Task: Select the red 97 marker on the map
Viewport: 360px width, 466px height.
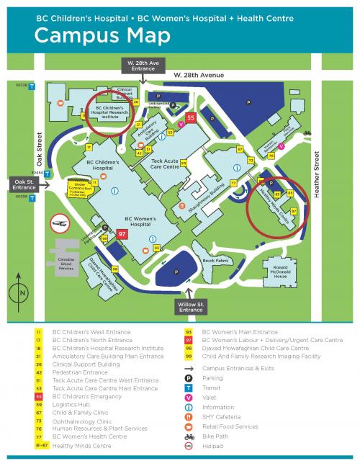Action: [x=122, y=233]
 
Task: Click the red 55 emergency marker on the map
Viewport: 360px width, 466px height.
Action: [x=191, y=117]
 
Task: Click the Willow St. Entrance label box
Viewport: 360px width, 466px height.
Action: [x=192, y=308]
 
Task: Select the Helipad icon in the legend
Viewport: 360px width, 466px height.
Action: [x=188, y=446]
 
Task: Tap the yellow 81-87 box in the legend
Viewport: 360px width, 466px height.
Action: [x=38, y=446]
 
